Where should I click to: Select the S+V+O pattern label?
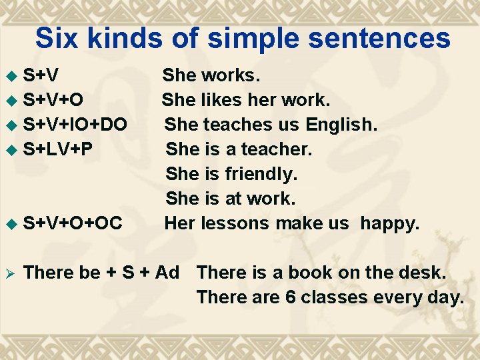click(53, 101)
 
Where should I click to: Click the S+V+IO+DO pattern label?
click(75, 125)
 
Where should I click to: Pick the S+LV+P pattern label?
click(57, 149)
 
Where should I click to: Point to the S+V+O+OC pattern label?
click(73, 223)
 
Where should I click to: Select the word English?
click(341, 125)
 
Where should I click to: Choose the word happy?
click(390, 223)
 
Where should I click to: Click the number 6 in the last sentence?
click(291, 297)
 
